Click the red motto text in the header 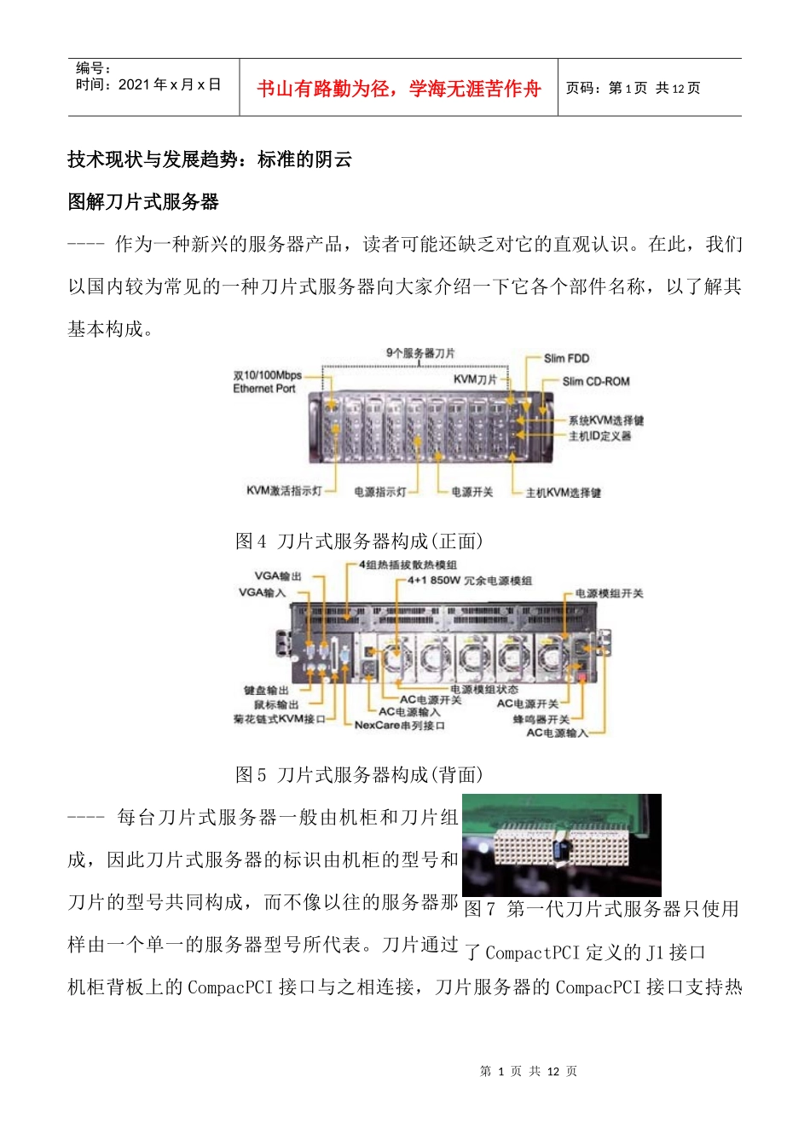point(398,89)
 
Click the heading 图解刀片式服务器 point(143,202)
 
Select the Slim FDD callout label point(566,359)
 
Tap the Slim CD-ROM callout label point(595,381)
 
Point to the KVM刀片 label point(475,379)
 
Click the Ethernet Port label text point(264,389)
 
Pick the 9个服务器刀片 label point(420,353)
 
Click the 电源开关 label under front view point(472,492)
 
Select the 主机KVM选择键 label point(563,493)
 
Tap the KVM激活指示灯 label point(284,491)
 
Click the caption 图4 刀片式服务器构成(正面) point(360,541)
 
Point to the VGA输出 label point(278,576)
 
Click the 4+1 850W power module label point(470,581)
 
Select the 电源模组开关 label point(609,593)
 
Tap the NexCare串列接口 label point(399,726)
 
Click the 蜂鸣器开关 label point(541,720)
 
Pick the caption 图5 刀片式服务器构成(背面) point(360,775)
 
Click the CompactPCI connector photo point(561,844)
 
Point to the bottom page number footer point(529,1072)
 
